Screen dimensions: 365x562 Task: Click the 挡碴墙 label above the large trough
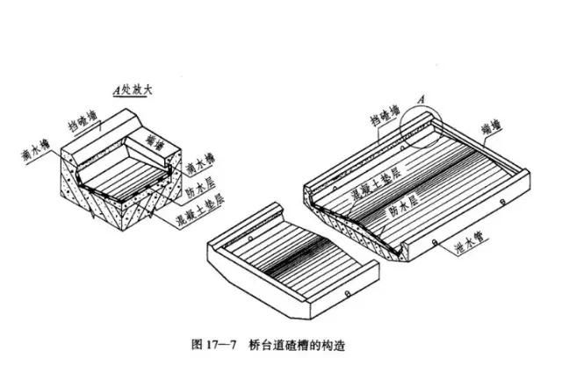pyautogui.click(x=386, y=117)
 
